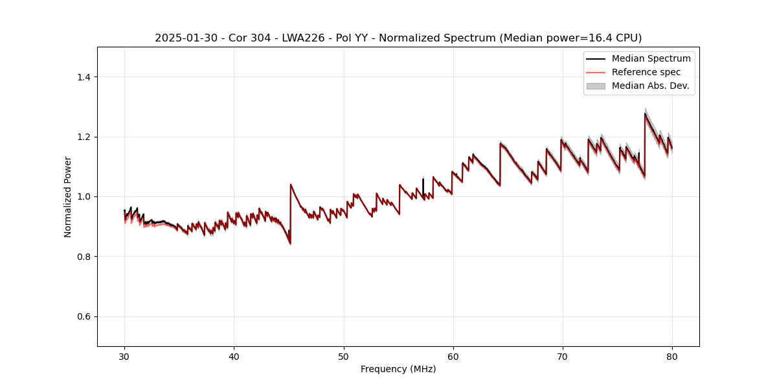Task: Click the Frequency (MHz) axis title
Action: [398, 369]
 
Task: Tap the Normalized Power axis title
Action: [68, 196]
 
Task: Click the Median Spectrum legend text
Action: [651, 58]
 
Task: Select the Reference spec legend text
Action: [646, 72]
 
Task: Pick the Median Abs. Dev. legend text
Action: [650, 86]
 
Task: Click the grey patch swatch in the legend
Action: [596, 86]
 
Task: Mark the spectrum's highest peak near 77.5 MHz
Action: [645, 114]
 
